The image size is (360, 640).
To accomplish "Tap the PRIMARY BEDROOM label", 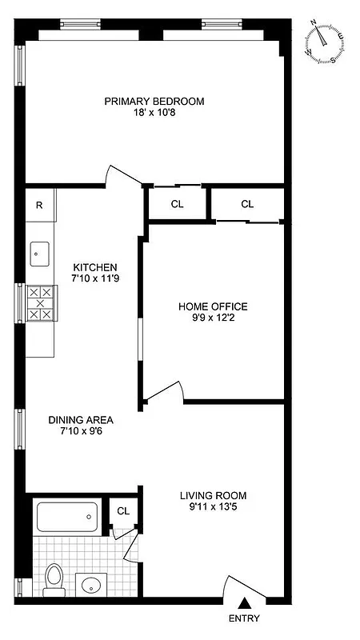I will (154, 102).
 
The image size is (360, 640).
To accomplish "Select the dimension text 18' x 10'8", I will (154, 114).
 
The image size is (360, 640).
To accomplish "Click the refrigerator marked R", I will (39, 204).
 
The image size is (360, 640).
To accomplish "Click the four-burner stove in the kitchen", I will (38, 304).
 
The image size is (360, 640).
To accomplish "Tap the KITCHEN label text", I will (95, 267).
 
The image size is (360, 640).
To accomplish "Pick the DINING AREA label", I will (80, 419).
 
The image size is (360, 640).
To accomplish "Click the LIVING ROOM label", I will (213, 494).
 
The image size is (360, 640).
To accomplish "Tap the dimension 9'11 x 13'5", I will (213, 506).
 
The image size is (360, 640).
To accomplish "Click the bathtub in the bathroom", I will (67, 517).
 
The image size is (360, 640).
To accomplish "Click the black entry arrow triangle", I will (244, 605).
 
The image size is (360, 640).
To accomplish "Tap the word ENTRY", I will (244, 618).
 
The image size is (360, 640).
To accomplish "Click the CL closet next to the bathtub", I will (123, 511).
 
